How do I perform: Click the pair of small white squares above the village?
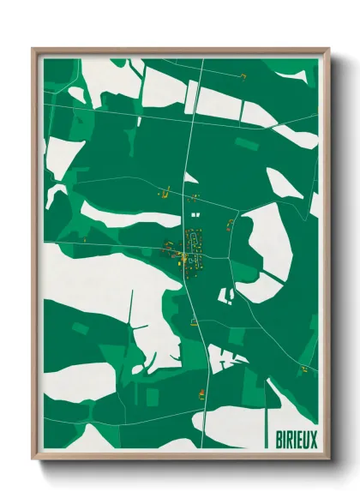click(x=195, y=211)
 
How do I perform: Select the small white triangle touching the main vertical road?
click(x=191, y=178)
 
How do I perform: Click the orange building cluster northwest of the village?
click(x=166, y=192)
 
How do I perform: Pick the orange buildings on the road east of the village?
click(x=230, y=225)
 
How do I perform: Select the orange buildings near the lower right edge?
click(x=303, y=369)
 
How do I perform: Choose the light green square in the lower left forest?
click(x=79, y=328)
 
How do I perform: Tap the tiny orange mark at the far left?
click(x=84, y=241)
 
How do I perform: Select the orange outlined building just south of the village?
click(x=195, y=322)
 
